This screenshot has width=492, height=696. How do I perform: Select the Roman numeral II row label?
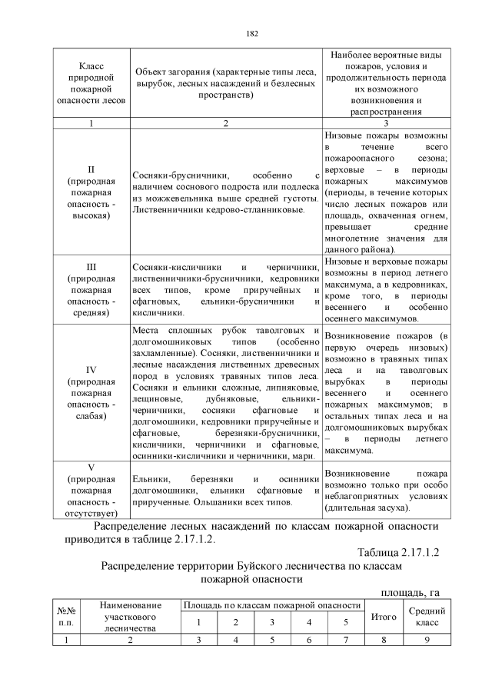(x=91, y=168)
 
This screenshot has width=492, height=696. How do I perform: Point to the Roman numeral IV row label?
(x=91, y=368)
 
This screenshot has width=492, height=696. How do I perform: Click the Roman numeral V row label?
(x=91, y=466)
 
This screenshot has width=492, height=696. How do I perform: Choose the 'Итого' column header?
(x=383, y=616)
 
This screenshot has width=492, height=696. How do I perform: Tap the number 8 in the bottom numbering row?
(x=383, y=640)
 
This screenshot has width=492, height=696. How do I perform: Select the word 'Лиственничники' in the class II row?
(x=169, y=209)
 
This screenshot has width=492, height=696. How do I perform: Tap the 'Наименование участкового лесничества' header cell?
(x=130, y=616)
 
